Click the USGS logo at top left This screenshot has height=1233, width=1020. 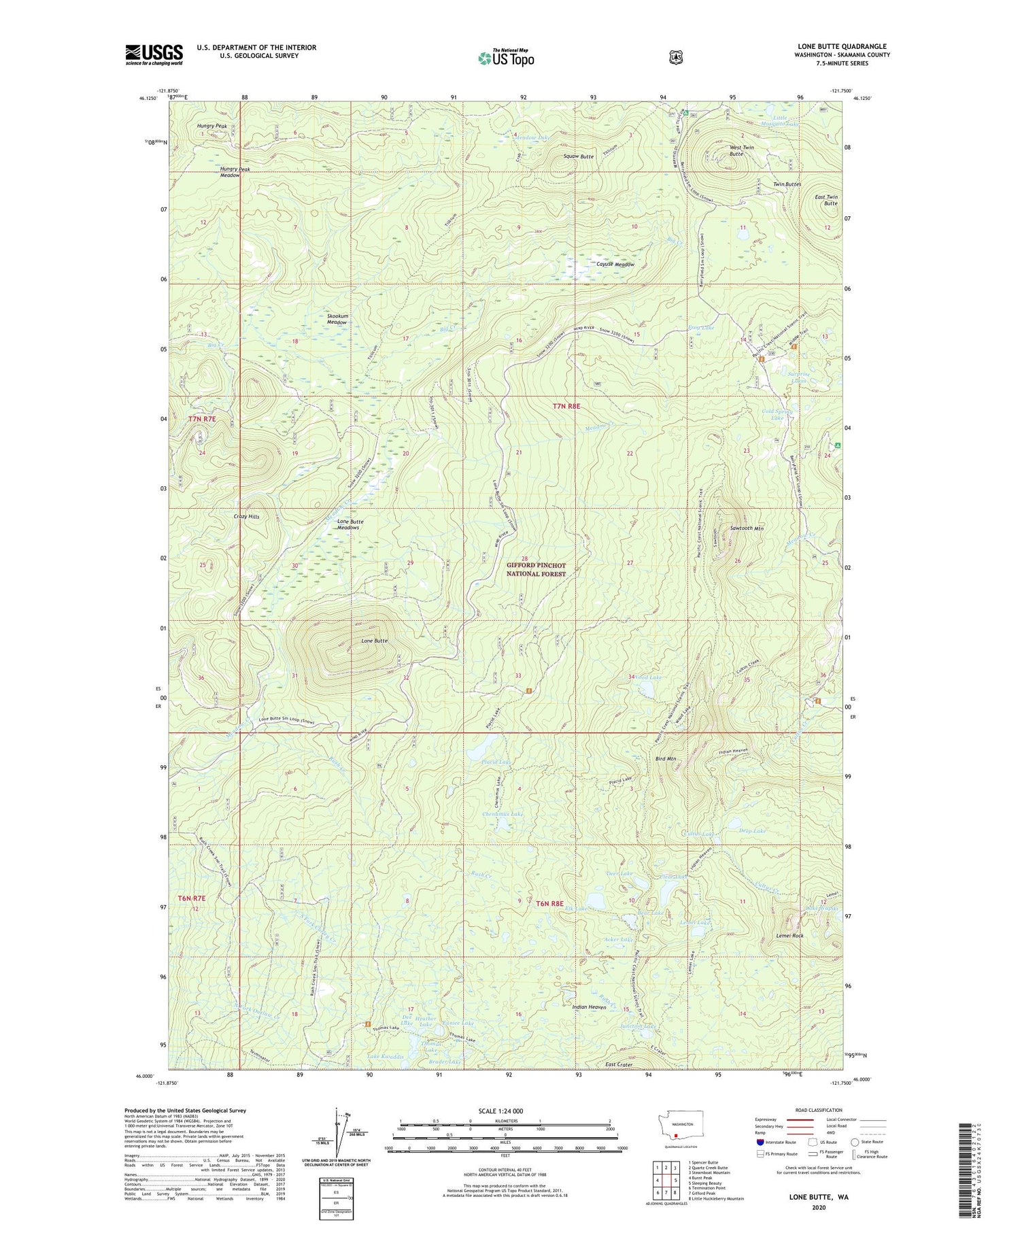click(x=154, y=54)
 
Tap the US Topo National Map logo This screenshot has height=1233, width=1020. click(x=506, y=58)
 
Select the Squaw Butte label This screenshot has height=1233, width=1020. click(x=579, y=156)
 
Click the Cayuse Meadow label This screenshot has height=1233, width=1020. click(x=615, y=265)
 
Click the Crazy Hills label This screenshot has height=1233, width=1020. click(x=246, y=517)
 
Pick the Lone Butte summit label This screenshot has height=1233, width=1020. click(x=374, y=641)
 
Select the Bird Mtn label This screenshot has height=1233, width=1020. click(x=665, y=758)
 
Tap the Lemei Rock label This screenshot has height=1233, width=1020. click(x=789, y=936)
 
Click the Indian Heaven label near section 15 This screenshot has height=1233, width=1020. click(x=589, y=1007)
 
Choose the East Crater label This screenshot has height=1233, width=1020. click(x=619, y=1064)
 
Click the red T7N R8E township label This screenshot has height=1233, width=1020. click(x=566, y=406)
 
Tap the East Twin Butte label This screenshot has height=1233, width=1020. click(x=826, y=200)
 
